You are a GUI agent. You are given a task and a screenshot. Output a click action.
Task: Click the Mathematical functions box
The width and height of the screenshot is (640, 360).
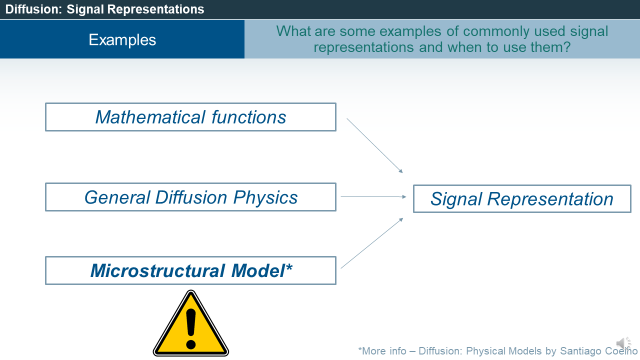click(190, 117)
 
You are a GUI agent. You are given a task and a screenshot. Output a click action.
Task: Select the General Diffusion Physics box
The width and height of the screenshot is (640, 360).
click(190, 197)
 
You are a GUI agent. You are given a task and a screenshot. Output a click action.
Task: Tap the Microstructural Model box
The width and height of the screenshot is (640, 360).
click(190, 270)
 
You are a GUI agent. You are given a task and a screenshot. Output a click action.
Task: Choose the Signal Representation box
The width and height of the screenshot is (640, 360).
click(521, 199)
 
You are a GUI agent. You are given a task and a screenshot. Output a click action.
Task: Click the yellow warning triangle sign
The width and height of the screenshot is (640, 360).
click(190, 325)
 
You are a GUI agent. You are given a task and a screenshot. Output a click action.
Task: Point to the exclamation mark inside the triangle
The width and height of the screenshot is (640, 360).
click(190, 328)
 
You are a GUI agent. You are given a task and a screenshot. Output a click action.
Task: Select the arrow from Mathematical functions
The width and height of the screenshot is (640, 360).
click(374, 145)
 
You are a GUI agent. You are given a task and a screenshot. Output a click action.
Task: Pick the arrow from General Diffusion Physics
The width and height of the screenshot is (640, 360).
click(373, 196)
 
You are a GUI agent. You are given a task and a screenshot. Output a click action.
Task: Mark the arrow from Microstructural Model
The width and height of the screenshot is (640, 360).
click(372, 243)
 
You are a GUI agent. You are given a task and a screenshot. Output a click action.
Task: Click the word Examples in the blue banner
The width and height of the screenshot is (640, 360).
click(122, 40)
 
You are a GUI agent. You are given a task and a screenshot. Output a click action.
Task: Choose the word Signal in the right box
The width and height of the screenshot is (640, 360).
click(456, 199)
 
